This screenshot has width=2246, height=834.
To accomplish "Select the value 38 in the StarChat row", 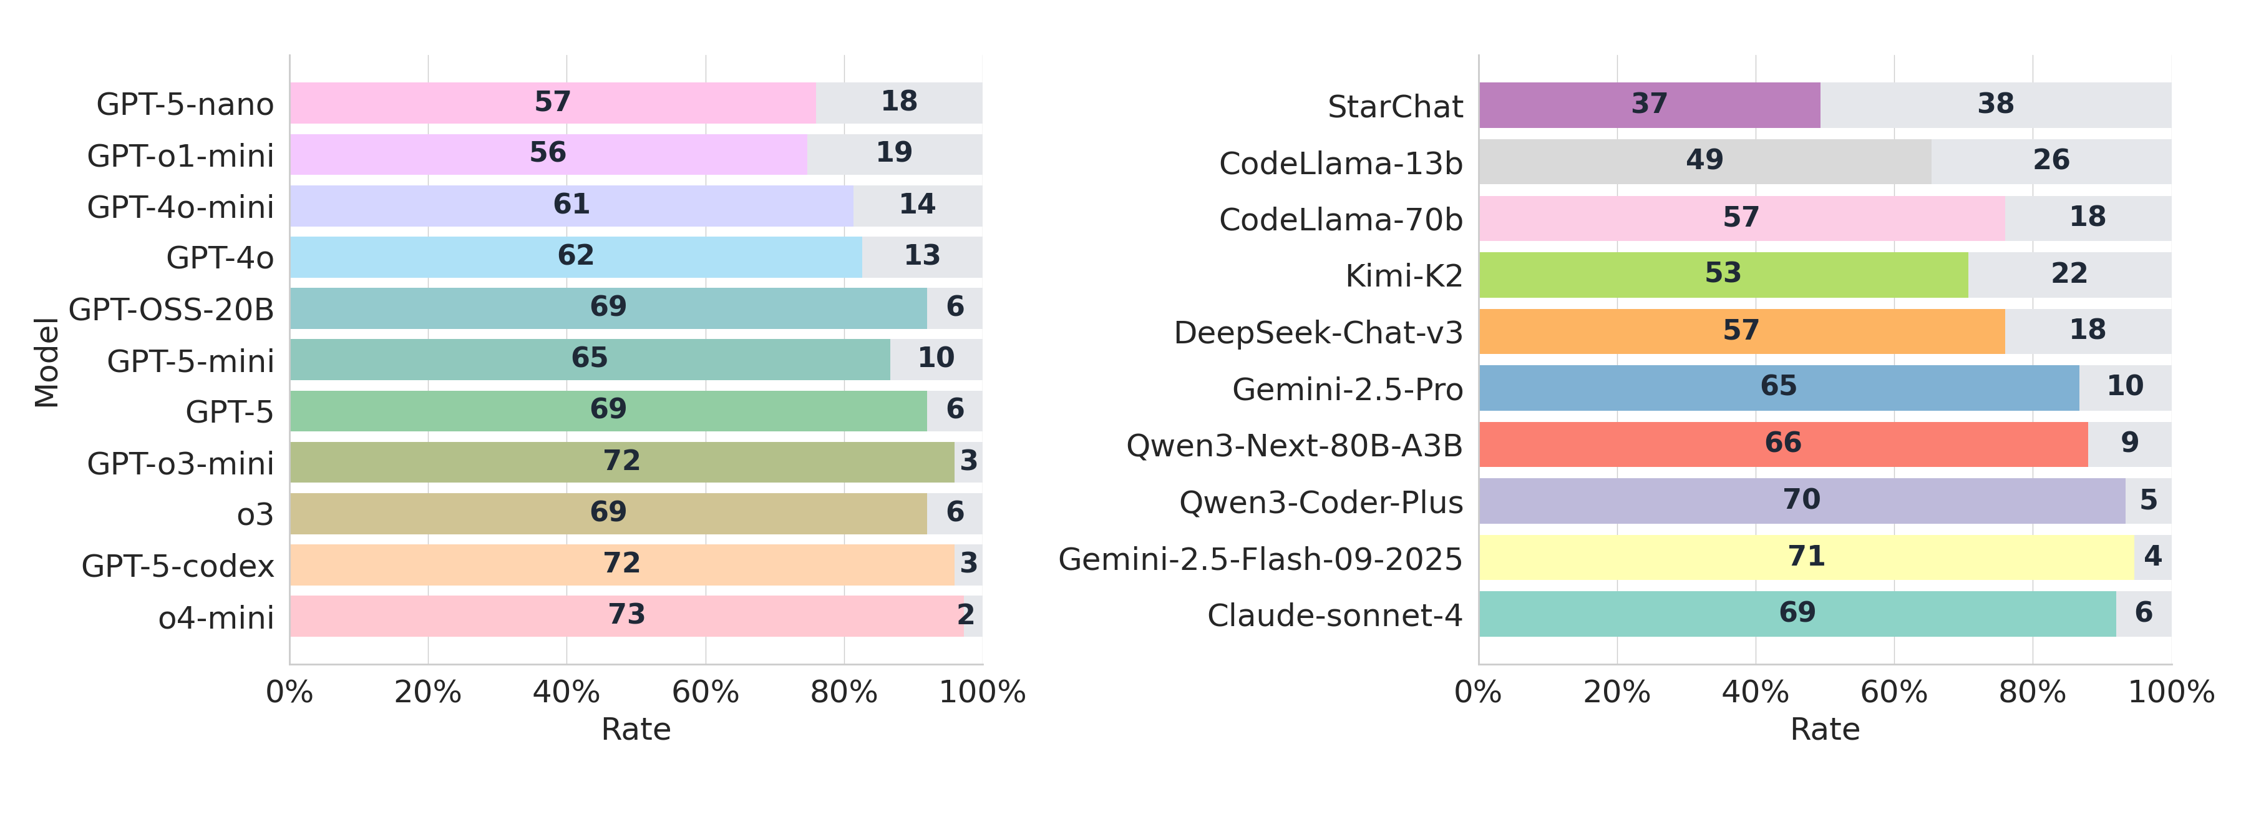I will pos(1995,104).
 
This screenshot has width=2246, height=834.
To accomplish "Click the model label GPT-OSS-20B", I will pos(171,309).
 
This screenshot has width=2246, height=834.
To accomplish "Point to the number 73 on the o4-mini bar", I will pos(626,614).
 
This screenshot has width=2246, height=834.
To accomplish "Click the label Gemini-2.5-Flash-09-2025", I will pos(1260,558).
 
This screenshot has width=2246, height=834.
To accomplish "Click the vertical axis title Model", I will pos(46,362).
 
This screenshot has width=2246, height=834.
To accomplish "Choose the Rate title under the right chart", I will pos(1824,729).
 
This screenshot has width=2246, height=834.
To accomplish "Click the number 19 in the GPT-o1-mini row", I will pos(893,153).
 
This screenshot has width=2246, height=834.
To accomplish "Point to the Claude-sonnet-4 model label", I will pos(1334,615).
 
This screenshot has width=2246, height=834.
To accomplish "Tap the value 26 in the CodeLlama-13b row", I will pos(2051,160).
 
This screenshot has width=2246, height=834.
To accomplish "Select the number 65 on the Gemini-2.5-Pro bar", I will pos(1778,386).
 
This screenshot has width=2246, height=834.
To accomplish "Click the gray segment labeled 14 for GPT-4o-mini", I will pos(917,204).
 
